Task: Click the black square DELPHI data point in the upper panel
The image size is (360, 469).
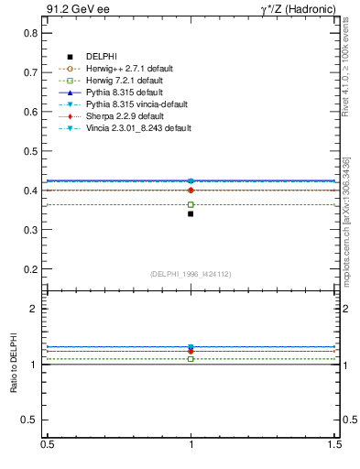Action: click(191, 213)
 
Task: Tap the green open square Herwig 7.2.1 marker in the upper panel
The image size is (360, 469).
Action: click(191, 204)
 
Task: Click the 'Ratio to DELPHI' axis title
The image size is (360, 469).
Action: click(14, 364)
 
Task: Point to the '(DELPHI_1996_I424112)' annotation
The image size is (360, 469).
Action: click(191, 273)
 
